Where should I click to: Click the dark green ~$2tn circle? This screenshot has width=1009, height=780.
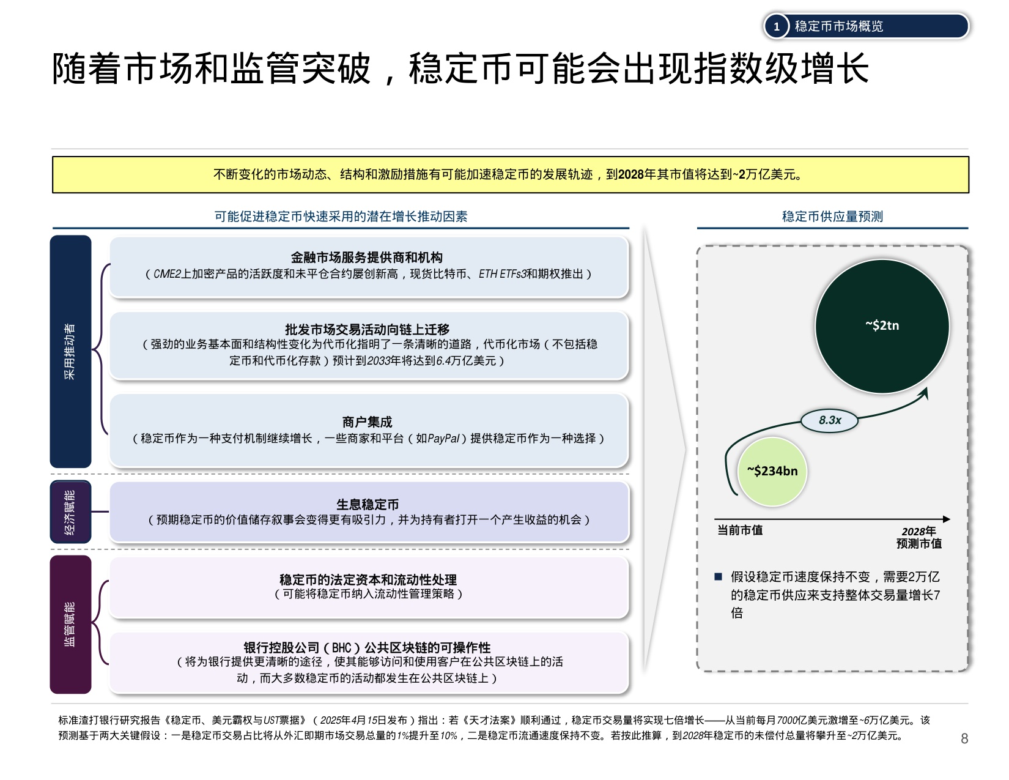point(882,326)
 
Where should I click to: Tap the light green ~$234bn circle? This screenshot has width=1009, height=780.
point(772,471)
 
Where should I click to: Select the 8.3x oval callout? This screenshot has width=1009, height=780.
point(830,420)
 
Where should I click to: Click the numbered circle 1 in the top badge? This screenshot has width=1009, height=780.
point(777,26)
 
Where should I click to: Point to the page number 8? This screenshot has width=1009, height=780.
point(964,738)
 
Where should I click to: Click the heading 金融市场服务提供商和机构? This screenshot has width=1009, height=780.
point(367,258)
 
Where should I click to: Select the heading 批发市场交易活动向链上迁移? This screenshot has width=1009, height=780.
point(367,329)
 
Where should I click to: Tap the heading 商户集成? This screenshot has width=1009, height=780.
point(367,422)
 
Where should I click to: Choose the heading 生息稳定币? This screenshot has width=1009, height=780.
point(368,505)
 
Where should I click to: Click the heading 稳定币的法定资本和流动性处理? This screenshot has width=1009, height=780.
point(368,579)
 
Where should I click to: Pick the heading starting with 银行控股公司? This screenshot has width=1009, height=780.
point(367,647)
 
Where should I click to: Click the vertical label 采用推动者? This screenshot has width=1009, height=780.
point(70,352)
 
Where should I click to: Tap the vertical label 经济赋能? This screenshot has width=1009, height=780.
point(70,512)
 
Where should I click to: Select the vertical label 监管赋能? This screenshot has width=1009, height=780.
point(70,624)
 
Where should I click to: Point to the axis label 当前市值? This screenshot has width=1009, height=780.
point(740,530)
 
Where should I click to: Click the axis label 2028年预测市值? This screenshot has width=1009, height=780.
point(919,537)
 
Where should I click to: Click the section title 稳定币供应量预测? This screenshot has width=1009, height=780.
point(832,217)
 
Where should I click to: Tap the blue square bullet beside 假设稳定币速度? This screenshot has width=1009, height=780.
point(719,576)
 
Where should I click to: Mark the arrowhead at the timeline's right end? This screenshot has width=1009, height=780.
point(947,519)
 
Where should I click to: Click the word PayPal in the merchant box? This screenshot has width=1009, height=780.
point(443,439)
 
